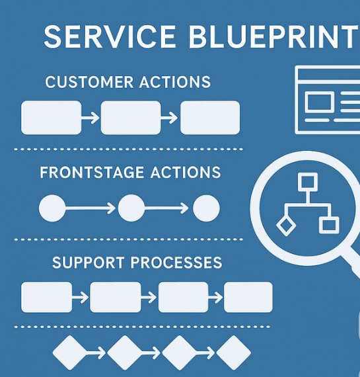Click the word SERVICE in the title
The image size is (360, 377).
click(110, 36)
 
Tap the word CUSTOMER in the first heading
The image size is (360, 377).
click(89, 82)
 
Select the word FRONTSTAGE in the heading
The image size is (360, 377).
click(92, 173)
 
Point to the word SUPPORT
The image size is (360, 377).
click(88, 263)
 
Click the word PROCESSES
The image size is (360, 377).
click(176, 263)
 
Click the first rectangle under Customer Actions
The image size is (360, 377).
click(51, 118)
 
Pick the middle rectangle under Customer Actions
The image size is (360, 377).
click(131, 118)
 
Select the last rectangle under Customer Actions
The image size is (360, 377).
click(210, 118)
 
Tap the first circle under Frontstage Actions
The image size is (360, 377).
click(52, 208)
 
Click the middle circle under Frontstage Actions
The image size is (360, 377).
click(131, 208)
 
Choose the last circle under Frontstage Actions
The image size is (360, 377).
click(206, 208)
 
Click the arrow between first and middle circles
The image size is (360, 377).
click(90, 208)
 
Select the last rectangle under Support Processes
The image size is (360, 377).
click(248, 297)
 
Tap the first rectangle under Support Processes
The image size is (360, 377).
click(47, 297)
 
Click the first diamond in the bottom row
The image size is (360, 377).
click(70, 353)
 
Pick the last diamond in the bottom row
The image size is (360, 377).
click(234, 353)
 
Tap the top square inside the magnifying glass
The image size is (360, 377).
click(308, 182)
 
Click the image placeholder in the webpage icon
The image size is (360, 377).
click(320, 102)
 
